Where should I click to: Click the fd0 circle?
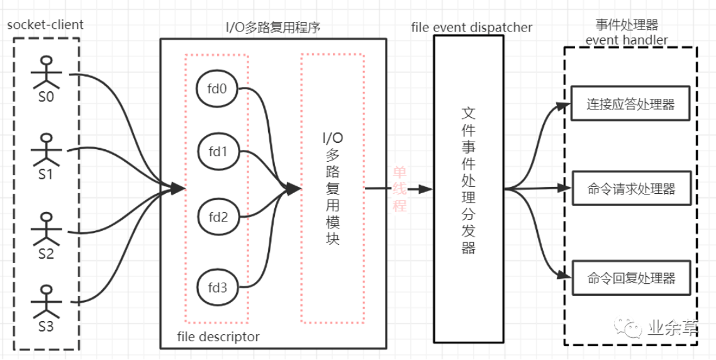(x=216, y=89)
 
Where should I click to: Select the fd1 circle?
(x=216, y=151)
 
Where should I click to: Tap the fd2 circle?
(x=216, y=218)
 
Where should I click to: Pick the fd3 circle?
(x=216, y=289)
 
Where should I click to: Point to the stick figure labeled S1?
(x=46, y=149)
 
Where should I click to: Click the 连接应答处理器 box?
(x=630, y=104)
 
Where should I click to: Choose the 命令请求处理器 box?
(x=630, y=188)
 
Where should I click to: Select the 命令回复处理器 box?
(x=630, y=278)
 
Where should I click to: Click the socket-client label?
(x=45, y=25)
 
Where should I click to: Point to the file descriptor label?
(x=218, y=337)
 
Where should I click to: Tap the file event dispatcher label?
(x=471, y=27)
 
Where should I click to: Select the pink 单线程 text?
(x=400, y=188)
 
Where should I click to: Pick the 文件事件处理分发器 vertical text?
(x=468, y=180)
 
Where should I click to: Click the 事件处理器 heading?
(x=627, y=25)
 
